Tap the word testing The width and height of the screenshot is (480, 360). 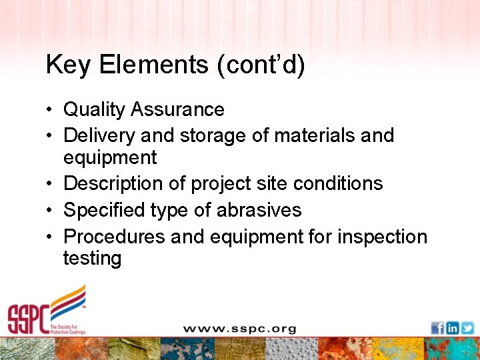point(92,259)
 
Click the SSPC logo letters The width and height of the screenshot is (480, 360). point(28,319)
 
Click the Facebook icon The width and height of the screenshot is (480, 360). point(437,328)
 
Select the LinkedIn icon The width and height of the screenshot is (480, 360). point(453,328)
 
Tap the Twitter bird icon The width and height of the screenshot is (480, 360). point(467,328)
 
